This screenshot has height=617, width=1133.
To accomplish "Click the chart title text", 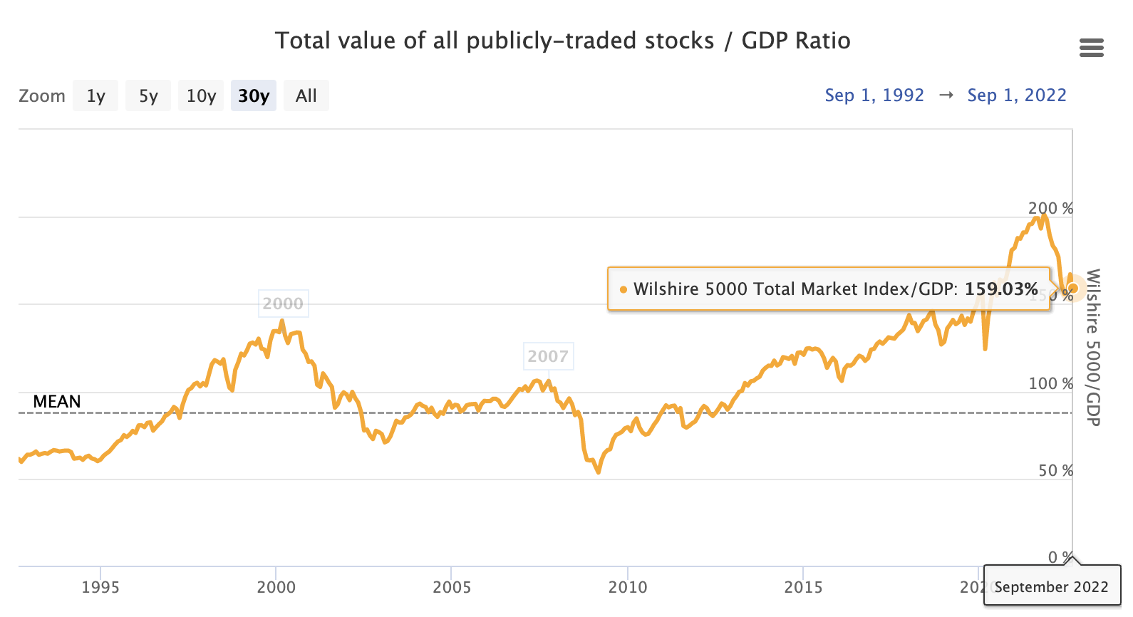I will point(562,41).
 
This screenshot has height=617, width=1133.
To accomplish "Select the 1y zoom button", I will point(95,96).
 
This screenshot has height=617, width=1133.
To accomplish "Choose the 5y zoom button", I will point(148,96).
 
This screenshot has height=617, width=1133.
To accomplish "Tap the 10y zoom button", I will point(201,96).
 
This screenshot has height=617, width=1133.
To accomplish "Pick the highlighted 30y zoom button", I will point(254,96).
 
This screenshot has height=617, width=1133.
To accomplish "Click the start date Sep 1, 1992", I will point(874,95).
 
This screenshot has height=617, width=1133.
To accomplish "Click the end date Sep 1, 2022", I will point(1017,95).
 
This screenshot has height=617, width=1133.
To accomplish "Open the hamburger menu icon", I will point(1091,48).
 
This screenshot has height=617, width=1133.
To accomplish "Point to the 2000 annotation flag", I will point(283,304).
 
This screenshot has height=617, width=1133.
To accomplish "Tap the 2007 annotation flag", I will point(548,356).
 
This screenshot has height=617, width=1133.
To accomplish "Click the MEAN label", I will point(57,402).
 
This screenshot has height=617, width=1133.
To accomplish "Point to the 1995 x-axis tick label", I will point(100,587).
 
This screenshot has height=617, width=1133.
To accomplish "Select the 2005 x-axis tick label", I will point(452,587).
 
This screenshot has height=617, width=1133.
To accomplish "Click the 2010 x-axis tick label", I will point(628,587).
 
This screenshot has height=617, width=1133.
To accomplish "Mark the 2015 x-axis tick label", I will point(804,587).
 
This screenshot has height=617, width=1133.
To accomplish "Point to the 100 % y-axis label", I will point(1050,384).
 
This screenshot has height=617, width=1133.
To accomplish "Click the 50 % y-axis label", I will point(1055,471).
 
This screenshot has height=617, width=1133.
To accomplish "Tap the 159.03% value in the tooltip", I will point(1001,289).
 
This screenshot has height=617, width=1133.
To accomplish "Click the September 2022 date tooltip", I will point(1051,587).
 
